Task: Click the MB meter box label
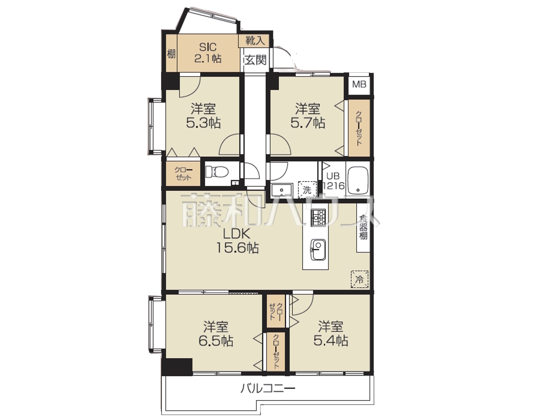[x=359, y=84]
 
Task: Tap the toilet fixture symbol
[x=217, y=171]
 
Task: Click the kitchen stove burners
[x=318, y=217]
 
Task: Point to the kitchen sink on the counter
[x=318, y=250]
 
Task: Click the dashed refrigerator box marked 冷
[x=360, y=279]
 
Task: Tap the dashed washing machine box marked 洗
[x=307, y=190]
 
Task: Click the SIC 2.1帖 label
[x=208, y=53]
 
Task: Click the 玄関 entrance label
[x=256, y=60]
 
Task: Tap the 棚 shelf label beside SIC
[x=171, y=54]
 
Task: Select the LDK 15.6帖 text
[x=238, y=241]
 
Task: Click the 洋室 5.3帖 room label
[x=203, y=116]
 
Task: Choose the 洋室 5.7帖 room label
[x=308, y=116]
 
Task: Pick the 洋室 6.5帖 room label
[x=216, y=334]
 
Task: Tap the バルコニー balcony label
[x=268, y=396]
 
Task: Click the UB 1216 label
[x=333, y=181]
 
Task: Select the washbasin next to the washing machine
[x=282, y=190]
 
